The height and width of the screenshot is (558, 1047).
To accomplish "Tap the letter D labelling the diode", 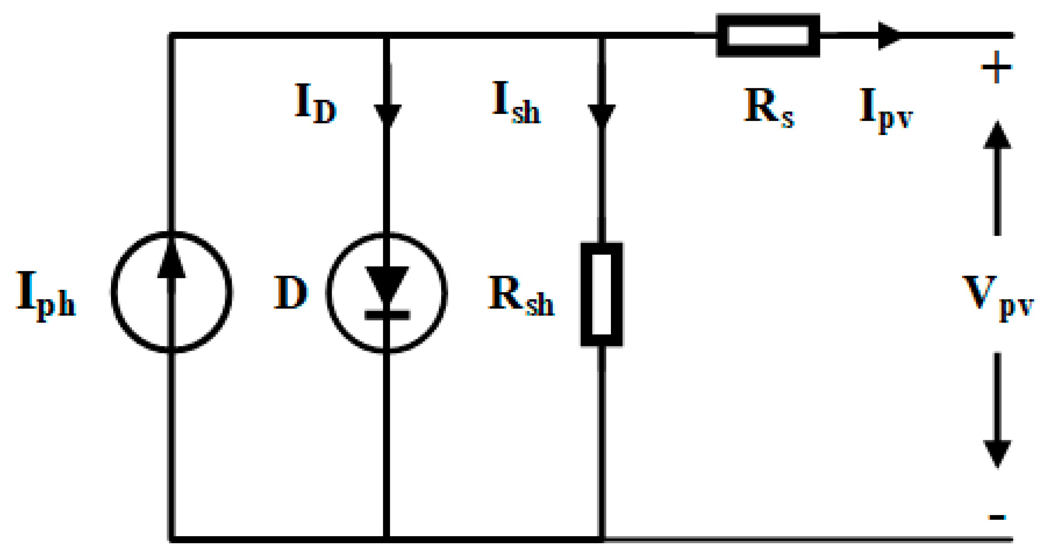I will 290,292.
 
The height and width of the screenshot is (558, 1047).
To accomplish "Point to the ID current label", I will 315,104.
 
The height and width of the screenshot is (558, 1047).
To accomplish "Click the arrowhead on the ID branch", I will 387,115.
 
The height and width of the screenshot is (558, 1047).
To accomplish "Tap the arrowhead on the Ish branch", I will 602,115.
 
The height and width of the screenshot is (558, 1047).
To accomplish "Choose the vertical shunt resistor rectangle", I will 602,295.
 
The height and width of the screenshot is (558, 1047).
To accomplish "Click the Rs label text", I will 768,108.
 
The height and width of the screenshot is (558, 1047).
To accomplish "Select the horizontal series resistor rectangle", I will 768,35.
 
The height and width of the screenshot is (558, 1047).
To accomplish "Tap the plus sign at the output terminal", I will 996,67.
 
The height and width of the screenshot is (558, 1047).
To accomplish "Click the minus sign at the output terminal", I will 997,517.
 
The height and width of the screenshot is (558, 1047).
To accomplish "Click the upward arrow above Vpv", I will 997,179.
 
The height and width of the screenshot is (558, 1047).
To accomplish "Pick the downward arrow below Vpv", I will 998,410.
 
